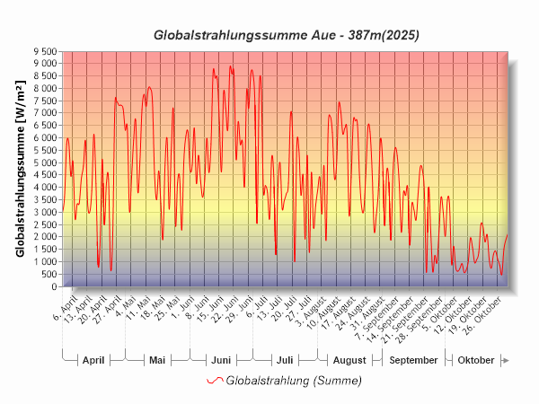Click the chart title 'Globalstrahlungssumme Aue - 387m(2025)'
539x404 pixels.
pos(287,36)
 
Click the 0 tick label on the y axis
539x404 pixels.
pos(55,286)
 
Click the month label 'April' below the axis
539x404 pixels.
pos(93,360)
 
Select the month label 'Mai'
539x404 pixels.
pos(157,360)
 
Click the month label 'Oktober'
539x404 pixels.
pos(475,360)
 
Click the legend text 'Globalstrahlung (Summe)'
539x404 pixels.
pos(294,381)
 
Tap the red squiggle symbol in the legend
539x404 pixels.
pos(214,381)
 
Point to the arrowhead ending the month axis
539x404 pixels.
pos(506,360)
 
